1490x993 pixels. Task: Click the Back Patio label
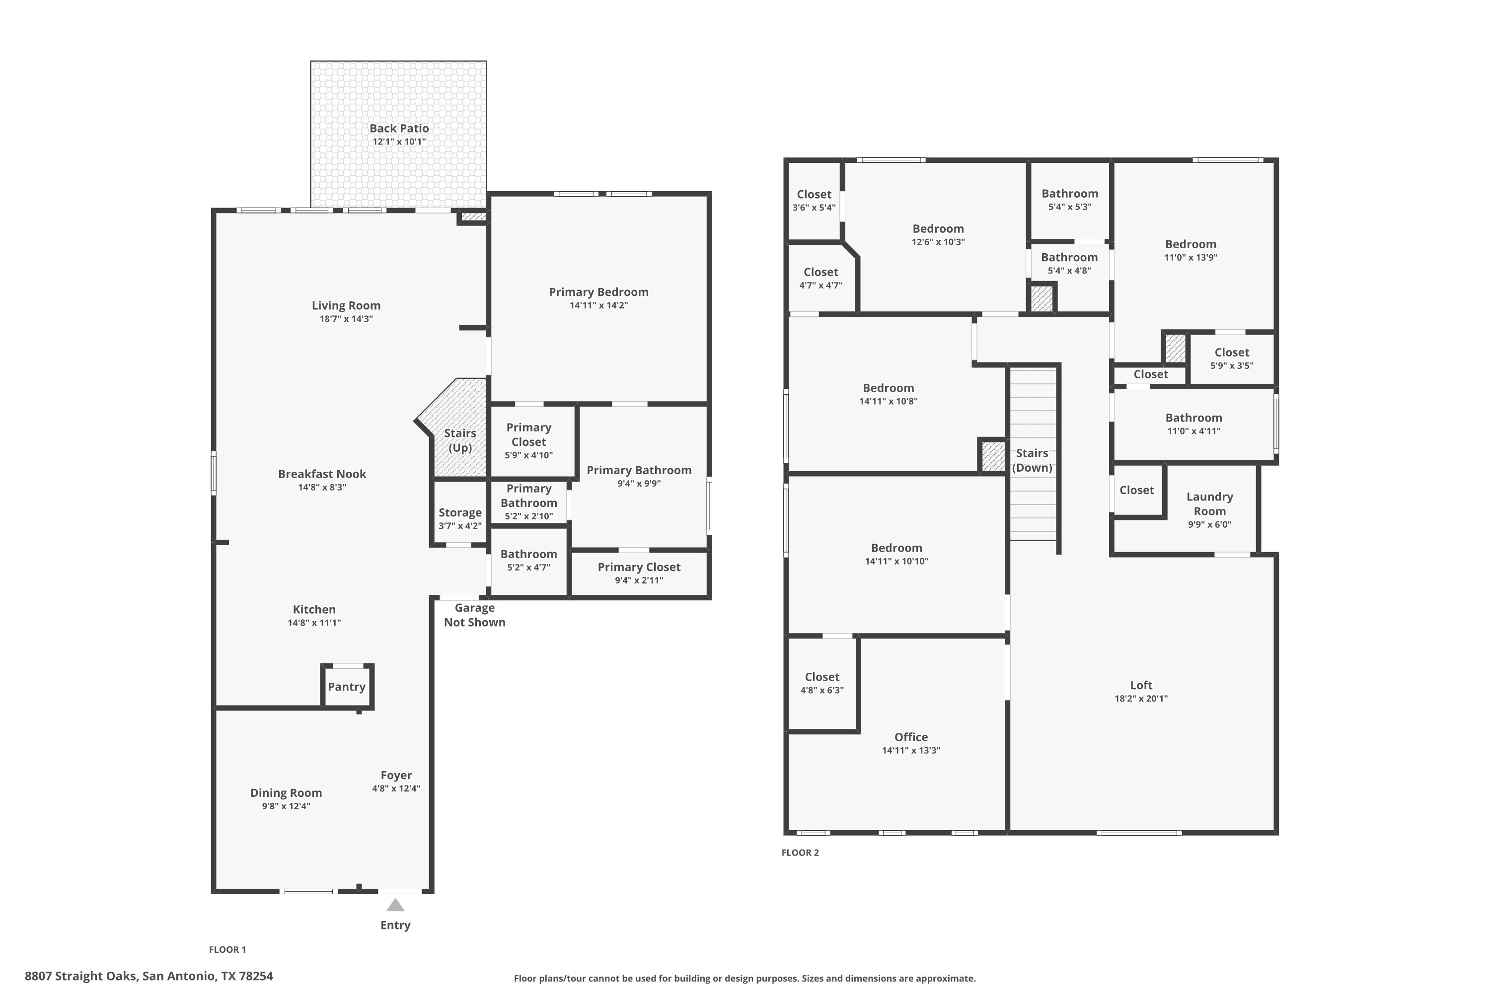399,129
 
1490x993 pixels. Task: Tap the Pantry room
347,687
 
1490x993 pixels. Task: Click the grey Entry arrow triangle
395,905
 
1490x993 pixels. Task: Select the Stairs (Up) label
460,440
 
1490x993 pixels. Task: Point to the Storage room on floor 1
460,513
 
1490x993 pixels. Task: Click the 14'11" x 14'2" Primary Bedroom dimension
598,305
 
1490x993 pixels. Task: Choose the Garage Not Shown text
474,615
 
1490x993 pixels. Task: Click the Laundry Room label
1209,504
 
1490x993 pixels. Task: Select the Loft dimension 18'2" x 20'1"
1141,699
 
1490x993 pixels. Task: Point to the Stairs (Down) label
1032,460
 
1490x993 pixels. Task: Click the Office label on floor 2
911,737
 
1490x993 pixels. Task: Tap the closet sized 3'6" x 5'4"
814,201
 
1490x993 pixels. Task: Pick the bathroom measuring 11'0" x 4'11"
1193,425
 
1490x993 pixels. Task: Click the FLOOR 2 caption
800,852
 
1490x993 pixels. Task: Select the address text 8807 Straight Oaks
81,976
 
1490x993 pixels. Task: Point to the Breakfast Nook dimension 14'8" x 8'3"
322,488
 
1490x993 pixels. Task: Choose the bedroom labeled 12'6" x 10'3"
938,235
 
